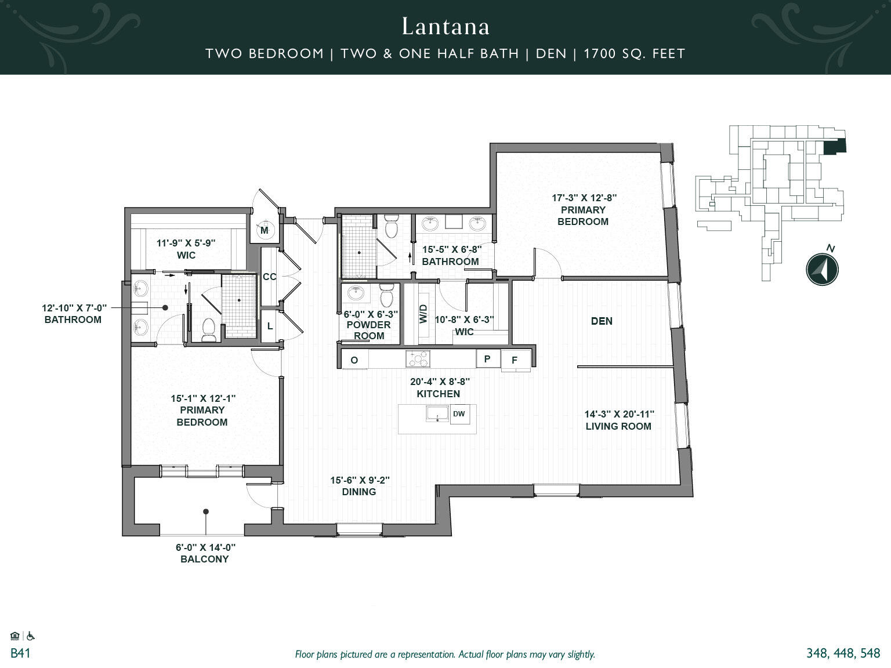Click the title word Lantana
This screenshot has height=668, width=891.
445,27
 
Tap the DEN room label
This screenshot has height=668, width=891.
602,321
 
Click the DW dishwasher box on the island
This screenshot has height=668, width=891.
459,414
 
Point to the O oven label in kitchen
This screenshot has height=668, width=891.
354,360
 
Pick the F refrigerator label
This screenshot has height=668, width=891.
515,361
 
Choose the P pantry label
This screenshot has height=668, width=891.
487,359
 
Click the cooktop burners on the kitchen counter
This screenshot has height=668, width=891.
418,359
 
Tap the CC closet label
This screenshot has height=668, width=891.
269,277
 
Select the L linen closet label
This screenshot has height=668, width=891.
270,326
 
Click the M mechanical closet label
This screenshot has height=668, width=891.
264,231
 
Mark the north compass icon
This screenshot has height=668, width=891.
823,270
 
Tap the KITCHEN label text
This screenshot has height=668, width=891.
439,394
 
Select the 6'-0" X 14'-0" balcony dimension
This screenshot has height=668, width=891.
206,547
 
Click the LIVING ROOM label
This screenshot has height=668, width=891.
618,426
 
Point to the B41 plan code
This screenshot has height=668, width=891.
20,654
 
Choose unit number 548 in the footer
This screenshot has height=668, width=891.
868,654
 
